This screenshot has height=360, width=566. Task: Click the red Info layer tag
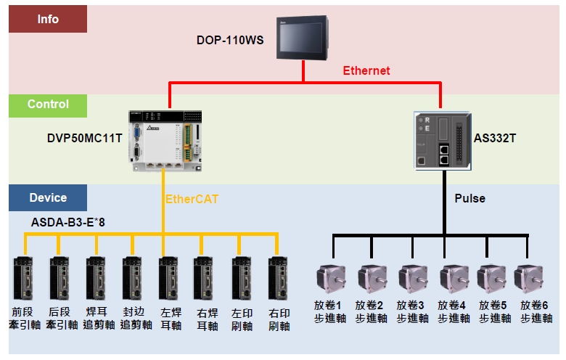click(48, 20)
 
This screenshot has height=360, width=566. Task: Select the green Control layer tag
click(48, 105)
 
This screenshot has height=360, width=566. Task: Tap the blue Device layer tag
click(48, 197)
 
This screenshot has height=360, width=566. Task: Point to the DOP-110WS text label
click(230, 39)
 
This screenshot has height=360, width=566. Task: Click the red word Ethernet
click(366, 70)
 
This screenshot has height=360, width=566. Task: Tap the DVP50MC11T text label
click(84, 136)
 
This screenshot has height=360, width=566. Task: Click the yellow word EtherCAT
click(192, 199)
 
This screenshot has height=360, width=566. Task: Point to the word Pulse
click(470, 198)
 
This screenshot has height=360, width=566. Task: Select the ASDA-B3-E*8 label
click(68, 222)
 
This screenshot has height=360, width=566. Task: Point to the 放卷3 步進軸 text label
click(412, 312)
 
